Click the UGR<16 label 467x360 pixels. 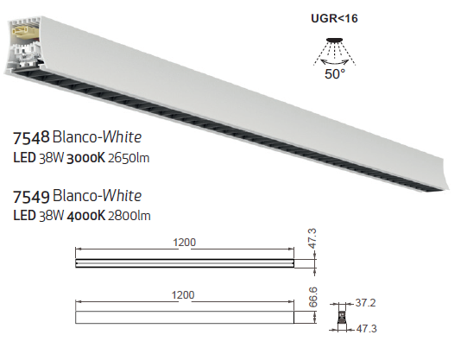(x=334, y=18)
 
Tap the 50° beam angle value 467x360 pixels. (x=335, y=74)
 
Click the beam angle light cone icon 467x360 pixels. (x=334, y=51)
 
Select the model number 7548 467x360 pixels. (x=31, y=138)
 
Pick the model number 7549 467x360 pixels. (x=31, y=197)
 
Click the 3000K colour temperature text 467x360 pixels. (x=86, y=158)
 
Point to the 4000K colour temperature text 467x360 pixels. (x=86, y=216)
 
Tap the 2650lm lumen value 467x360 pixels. (x=129, y=158)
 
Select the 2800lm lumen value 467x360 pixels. (x=129, y=216)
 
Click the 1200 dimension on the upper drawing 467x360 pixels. (x=185, y=243)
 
